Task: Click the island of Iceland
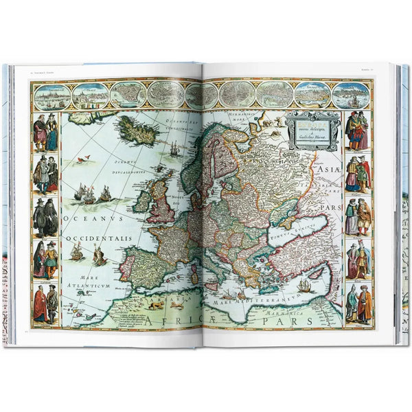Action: (137, 131)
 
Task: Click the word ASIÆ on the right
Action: (324, 165)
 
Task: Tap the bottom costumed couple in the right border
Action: (358, 303)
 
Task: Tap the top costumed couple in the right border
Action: (357, 130)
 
